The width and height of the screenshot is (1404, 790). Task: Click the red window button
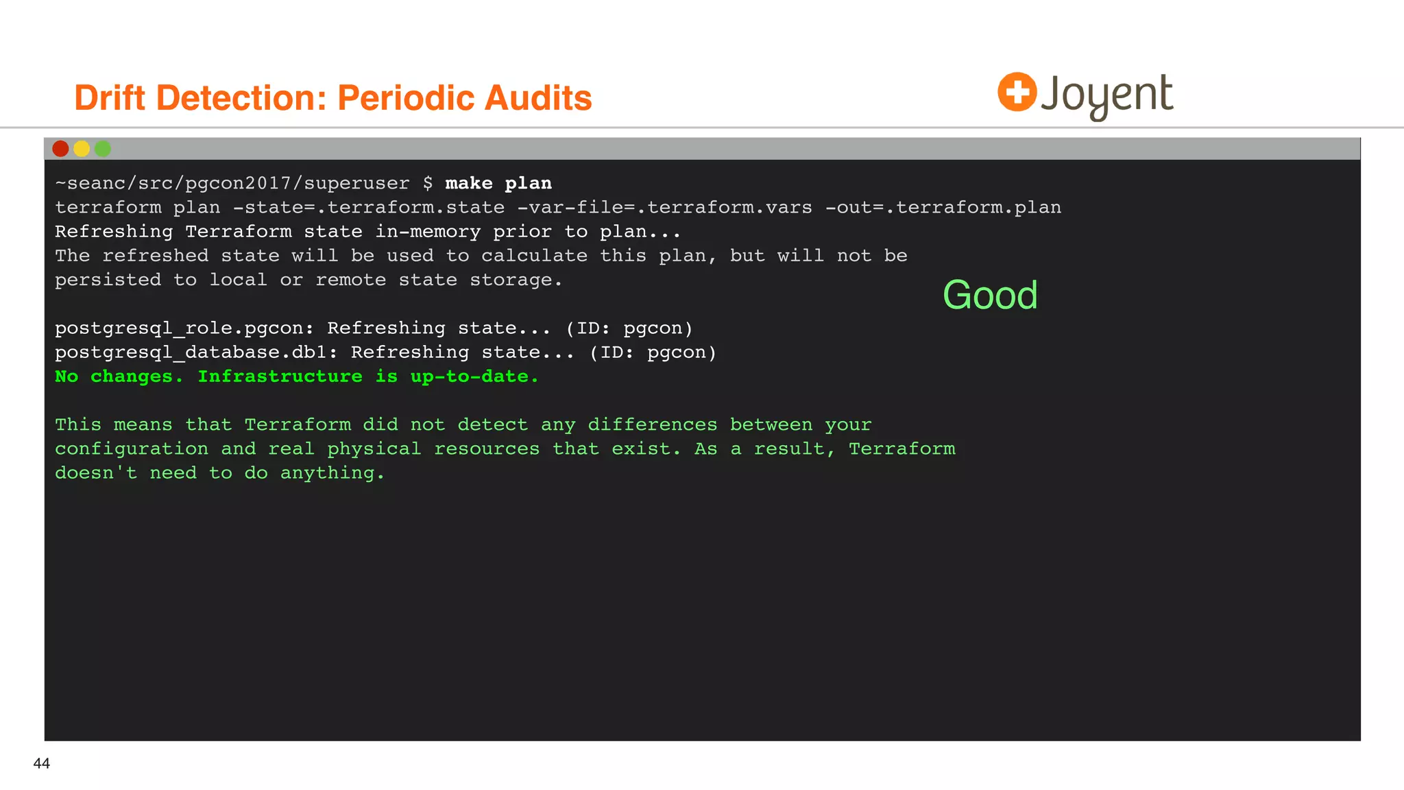60,149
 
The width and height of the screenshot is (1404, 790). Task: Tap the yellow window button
82,149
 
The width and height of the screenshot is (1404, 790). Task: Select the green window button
103,149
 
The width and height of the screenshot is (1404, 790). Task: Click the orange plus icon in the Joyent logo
1017,92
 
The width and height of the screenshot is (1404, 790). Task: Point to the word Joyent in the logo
1106,95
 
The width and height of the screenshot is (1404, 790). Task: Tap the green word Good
990,296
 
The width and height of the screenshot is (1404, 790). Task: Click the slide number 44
41,764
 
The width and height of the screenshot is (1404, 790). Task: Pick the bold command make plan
498,183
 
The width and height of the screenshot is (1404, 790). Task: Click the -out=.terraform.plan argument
943,207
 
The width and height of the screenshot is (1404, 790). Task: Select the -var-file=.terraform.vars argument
664,207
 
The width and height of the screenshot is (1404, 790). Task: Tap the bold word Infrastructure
280,376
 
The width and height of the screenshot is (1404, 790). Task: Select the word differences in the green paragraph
653,424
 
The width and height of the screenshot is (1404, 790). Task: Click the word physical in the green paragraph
374,449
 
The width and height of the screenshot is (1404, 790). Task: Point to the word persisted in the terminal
108,280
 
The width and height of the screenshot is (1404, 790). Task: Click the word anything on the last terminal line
328,473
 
